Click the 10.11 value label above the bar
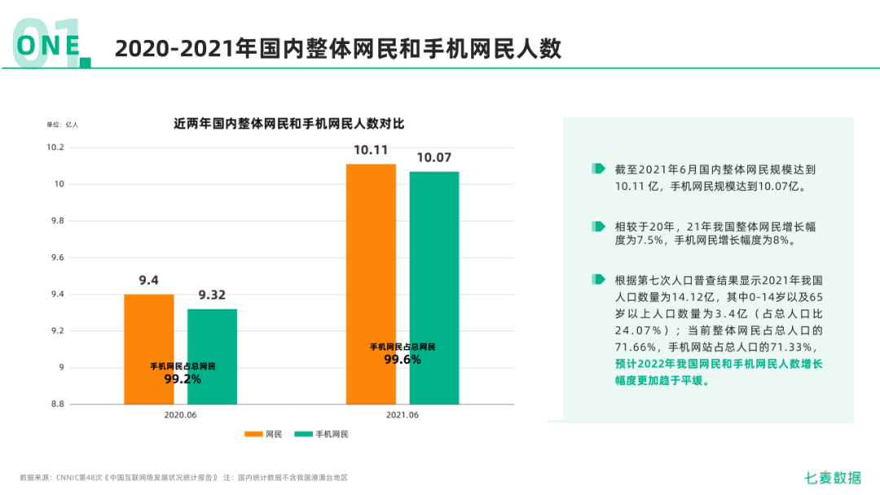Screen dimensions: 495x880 click(x=371, y=151)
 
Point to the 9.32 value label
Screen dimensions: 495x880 click(x=212, y=296)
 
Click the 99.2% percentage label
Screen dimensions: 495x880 click(x=183, y=379)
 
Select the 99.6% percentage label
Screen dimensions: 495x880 click(x=403, y=359)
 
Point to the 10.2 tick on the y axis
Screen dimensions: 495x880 click(x=55, y=147)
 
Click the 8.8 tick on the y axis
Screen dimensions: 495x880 click(x=56, y=404)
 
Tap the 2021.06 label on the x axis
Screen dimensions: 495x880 click(x=402, y=414)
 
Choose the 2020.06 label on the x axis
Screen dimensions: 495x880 click(x=180, y=414)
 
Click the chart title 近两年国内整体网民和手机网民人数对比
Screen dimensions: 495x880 click(x=288, y=125)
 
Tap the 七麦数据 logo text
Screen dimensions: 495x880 click(x=831, y=478)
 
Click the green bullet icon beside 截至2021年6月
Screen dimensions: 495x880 click(x=599, y=169)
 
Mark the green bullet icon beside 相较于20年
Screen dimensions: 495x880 click(x=599, y=226)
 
